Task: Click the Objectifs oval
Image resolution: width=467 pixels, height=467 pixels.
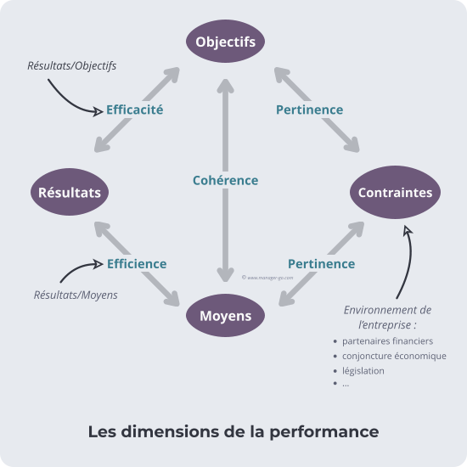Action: pos(225,42)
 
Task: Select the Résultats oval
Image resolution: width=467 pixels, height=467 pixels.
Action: pos(70,193)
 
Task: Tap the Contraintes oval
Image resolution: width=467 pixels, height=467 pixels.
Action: pos(394,193)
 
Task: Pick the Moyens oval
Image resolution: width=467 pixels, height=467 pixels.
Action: pos(225,316)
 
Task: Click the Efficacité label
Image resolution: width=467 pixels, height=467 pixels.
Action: pos(134,110)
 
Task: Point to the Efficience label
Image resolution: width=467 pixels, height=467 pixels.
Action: pos(136,263)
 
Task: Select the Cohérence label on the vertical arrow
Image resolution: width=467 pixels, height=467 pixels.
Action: pos(225,180)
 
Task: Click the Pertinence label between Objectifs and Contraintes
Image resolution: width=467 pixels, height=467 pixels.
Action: pos(309,110)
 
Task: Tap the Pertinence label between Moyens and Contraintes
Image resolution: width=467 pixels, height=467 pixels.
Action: pos(321,263)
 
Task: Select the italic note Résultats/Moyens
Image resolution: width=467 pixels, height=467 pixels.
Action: pos(76,295)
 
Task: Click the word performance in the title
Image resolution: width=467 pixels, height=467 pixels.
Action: pos(324,431)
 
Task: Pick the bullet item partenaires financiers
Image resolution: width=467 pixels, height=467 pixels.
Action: pos(387,340)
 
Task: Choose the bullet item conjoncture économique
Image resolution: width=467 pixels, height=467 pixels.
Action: pos(394,356)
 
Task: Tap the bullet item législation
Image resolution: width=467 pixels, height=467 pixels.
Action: pos(363,370)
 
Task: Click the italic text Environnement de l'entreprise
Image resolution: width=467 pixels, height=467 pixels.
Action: pos(386,317)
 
